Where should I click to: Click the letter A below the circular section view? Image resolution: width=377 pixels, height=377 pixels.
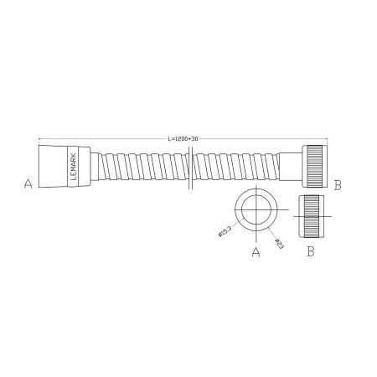click(255, 250)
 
